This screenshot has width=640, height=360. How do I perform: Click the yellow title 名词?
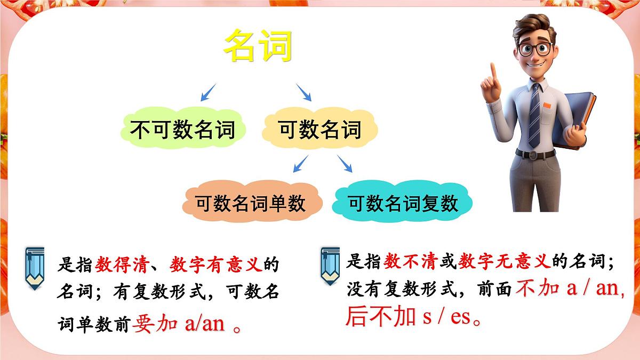click(x=258, y=45)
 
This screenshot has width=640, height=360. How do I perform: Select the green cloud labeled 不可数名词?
click(x=182, y=130)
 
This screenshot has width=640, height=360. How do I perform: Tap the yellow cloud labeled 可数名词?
click(x=320, y=130)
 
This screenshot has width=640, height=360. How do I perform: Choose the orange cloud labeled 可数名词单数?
click(x=250, y=203)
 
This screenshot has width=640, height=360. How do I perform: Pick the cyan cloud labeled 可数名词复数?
click(x=403, y=203)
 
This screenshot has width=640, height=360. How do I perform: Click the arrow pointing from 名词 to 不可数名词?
click(x=209, y=92)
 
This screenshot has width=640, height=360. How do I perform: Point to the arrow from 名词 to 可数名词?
click(x=303, y=92)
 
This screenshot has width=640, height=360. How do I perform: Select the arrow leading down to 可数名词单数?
click(x=301, y=164)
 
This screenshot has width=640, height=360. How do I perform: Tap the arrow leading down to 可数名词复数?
click(x=345, y=164)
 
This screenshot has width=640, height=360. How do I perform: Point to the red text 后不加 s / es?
click(x=414, y=317)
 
